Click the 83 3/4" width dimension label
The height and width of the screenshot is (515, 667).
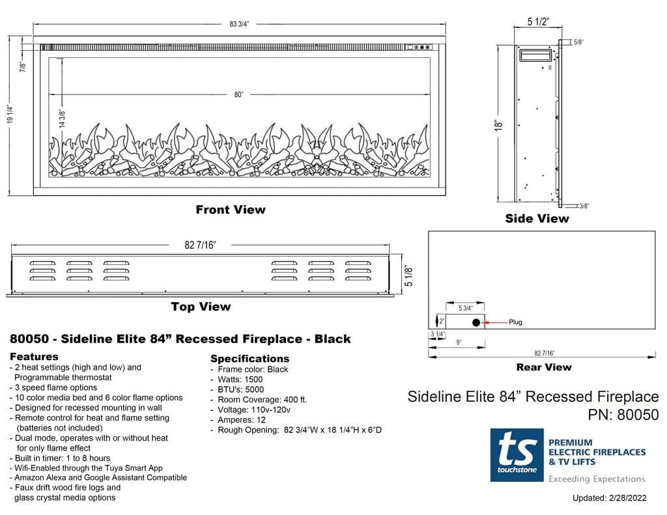pyautogui.click(x=239, y=24)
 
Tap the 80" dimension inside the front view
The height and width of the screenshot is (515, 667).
pyautogui.click(x=239, y=94)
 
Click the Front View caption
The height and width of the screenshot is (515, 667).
pyautogui.click(x=231, y=210)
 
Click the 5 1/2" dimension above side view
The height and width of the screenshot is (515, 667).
pyautogui.click(x=538, y=22)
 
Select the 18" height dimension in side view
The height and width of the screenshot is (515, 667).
pyautogui.click(x=499, y=124)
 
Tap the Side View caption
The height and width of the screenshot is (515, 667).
pyautogui.click(x=537, y=219)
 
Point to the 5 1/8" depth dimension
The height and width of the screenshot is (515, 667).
pyautogui.click(x=408, y=275)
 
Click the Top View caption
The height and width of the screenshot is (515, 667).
pyautogui.click(x=201, y=307)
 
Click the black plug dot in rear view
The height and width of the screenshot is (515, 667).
pyautogui.click(x=476, y=322)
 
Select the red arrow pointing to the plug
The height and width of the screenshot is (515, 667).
pyautogui.click(x=497, y=322)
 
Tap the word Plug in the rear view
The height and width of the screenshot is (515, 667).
pyautogui.click(x=515, y=322)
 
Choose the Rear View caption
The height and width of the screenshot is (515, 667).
pyautogui.click(x=543, y=367)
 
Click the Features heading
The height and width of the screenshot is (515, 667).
pyautogui.click(x=34, y=357)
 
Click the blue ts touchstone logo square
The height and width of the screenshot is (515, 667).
pyautogui.click(x=517, y=455)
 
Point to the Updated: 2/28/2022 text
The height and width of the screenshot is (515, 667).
pyautogui.click(x=609, y=499)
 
